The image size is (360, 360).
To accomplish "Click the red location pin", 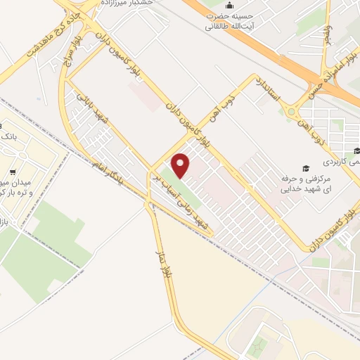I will pos(181,165).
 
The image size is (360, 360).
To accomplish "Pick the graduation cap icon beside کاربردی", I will pos(356,150).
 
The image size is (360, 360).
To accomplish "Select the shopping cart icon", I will pos(12,172).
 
